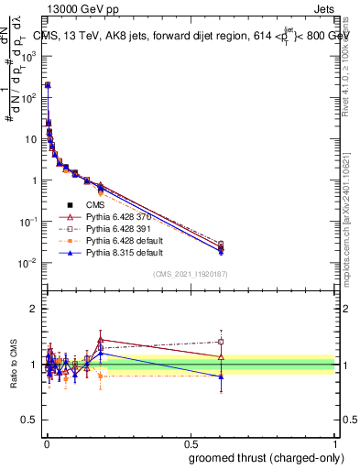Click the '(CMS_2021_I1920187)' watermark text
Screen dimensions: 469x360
coord(190,274)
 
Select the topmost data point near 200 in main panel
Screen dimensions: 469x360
coord(48,84)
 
